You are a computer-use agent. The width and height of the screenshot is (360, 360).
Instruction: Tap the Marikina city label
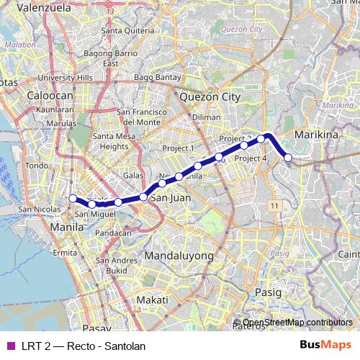point(316,135)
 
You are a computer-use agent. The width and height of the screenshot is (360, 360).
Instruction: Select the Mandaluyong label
point(179,256)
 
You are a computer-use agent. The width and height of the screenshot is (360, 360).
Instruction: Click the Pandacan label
point(113,233)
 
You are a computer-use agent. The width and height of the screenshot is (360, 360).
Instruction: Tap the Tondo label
point(36,166)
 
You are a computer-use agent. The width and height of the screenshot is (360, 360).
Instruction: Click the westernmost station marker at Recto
point(72,199)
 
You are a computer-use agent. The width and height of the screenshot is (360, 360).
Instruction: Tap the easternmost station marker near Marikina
point(288,158)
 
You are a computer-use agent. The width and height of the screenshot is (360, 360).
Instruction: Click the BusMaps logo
point(325,346)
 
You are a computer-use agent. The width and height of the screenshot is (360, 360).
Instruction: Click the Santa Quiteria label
point(128,31)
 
